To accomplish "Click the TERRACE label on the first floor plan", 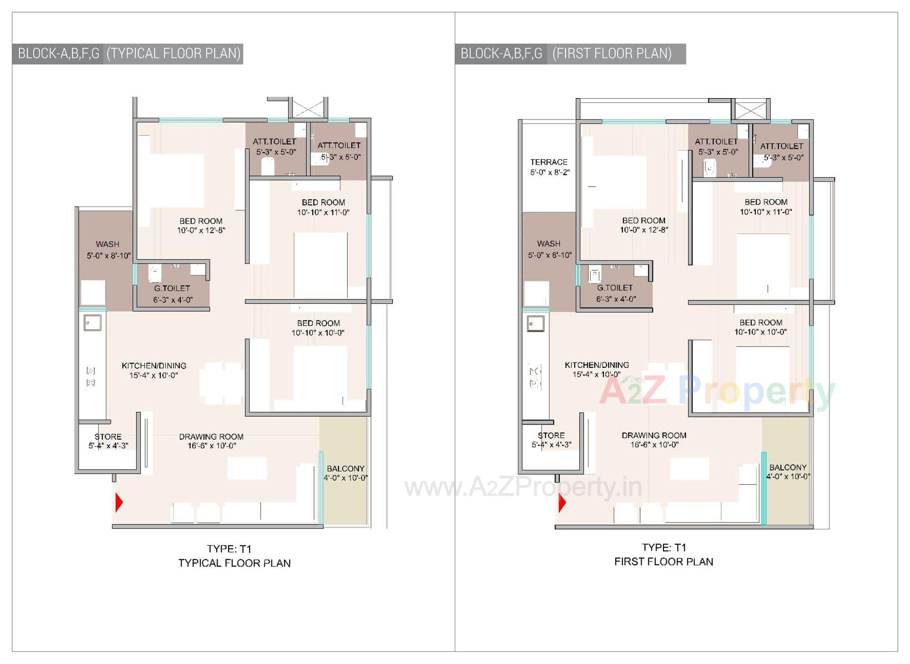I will [548, 162].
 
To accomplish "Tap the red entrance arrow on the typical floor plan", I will [119, 502].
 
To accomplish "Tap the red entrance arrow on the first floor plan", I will [562, 503].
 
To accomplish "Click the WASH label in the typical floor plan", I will [108, 244].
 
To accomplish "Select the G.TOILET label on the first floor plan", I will [615, 288].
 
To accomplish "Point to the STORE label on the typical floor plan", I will [108, 437].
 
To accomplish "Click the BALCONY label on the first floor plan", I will [788, 467].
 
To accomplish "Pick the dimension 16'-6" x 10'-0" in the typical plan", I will [211, 446].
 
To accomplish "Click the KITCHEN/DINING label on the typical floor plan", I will [154, 365].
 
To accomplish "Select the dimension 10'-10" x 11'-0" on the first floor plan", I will [765, 212].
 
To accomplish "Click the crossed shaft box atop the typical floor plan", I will [308, 109].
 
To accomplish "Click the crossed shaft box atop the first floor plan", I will [750, 110].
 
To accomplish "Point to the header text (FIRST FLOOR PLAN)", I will [612, 54].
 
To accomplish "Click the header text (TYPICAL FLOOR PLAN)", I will [173, 54].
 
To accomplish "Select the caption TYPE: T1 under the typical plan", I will [229, 549].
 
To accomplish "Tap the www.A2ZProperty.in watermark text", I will [523, 487].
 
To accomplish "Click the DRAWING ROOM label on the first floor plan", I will [654, 435].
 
